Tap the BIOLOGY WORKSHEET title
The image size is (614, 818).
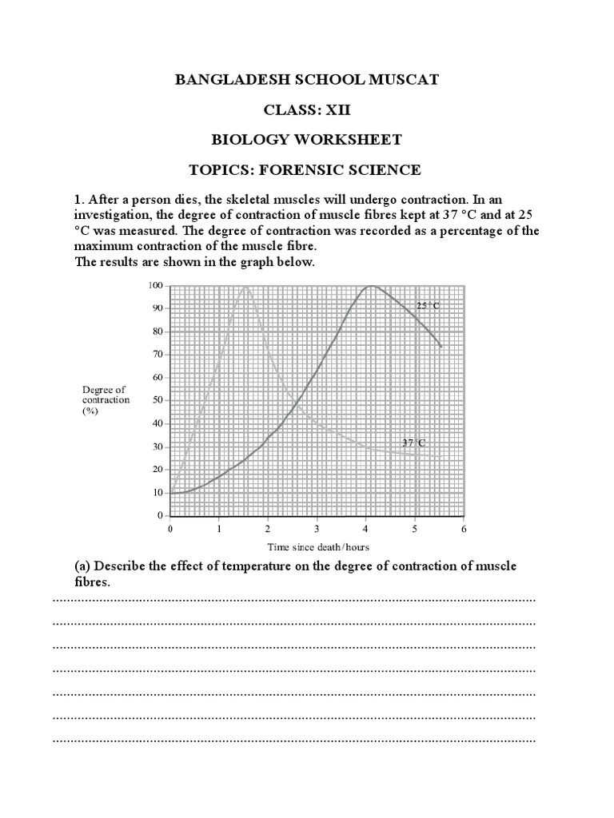click(x=307, y=140)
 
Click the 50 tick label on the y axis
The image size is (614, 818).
click(x=157, y=400)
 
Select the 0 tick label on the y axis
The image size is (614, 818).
click(x=160, y=516)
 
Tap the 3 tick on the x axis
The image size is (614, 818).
click(x=317, y=529)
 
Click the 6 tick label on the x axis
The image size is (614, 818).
click(x=464, y=529)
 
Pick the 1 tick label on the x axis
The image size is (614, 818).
click(x=218, y=529)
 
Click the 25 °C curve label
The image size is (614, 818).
click(x=428, y=305)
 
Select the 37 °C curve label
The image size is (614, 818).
click(x=413, y=443)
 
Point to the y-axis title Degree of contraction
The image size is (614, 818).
click(x=106, y=399)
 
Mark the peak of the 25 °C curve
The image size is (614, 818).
click(x=369, y=286)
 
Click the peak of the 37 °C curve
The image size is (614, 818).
click(x=246, y=286)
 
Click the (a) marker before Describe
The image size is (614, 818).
click(x=82, y=566)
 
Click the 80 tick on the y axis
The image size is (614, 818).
click(x=157, y=332)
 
